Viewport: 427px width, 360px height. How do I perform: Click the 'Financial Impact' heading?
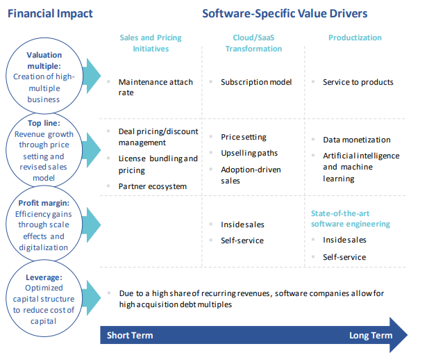click(x=50, y=14)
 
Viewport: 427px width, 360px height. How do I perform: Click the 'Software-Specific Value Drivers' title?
click(x=285, y=14)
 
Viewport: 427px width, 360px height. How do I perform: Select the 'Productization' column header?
click(x=355, y=38)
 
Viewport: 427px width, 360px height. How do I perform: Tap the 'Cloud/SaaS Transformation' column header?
click(x=253, y=43)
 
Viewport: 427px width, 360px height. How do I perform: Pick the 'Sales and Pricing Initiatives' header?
click(x=151, y=43)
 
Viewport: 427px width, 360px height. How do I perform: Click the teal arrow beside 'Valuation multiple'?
click(x=92, y=76)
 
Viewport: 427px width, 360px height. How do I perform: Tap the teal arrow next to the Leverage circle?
click(x=92, y=297)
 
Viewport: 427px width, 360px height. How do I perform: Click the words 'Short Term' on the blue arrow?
click(x=130, y=335)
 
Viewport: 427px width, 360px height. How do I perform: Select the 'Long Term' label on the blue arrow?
click(x=371, y=335)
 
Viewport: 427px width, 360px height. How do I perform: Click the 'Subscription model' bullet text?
click(x=256, y=82)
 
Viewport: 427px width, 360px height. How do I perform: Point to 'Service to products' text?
click(x=358, y=82)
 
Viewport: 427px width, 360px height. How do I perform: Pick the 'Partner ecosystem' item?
click(x=153, y=186)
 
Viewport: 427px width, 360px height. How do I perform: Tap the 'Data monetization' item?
click(x=357, y=140)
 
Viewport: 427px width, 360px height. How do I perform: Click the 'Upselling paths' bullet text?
click(x=249, y=153)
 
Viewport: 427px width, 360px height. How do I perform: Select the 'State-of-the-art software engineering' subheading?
click(x=351, y=218)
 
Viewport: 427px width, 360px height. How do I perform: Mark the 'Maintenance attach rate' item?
click(x=156, y=87)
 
